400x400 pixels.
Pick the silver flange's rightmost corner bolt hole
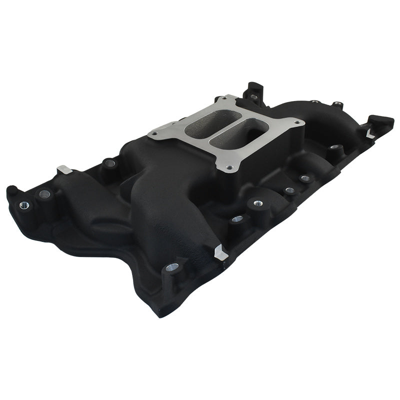[298, 122]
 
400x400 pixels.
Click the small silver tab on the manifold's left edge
[63, 170]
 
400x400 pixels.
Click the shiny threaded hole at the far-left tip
[23, 205]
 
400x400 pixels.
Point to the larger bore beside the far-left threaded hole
[43, 193]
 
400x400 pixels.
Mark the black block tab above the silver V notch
[381, 121]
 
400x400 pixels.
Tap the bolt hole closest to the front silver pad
[237, 219]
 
